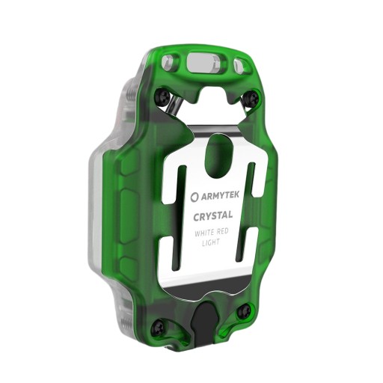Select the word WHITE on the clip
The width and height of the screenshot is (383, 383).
[x=203, y=233]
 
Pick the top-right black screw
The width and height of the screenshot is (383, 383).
[x=253, y=98]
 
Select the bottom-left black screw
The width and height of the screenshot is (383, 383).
[x=158, y=328]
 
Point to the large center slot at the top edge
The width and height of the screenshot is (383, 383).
[x=204, y=63]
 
